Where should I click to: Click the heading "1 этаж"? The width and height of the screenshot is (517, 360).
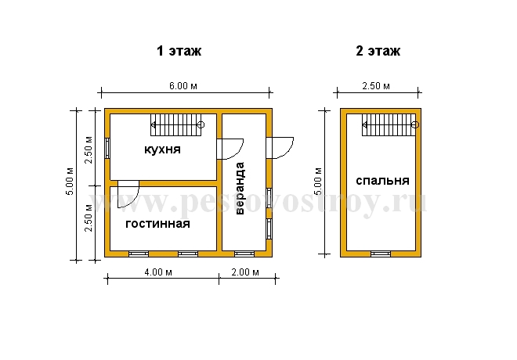point(179,51)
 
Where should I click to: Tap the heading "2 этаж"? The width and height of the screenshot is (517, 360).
point(378,51)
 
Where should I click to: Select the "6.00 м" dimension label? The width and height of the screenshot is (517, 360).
point(183,86)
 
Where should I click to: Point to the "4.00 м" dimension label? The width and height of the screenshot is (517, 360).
point(158,272)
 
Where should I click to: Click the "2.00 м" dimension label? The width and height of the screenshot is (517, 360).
point(245,272)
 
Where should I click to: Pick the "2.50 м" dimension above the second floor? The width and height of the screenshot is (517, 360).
point(376,86)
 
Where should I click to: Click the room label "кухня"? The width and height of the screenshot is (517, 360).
point(163,149)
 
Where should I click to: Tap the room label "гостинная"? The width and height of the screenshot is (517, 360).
point(158,224)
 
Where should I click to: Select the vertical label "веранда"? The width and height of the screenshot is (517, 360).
point(240,188)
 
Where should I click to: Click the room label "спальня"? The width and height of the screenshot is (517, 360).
point(383,181)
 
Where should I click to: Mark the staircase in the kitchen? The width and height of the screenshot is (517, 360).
point(177,125)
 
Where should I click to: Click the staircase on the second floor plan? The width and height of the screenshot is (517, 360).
point(390,125)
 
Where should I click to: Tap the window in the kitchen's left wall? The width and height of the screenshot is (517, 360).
point(107,148)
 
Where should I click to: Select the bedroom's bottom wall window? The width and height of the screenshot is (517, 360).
point(381,254)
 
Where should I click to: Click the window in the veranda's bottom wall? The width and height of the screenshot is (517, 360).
point(244,254)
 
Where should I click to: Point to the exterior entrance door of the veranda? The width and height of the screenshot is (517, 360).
point(280,148)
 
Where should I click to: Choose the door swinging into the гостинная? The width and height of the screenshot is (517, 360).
point(128,194)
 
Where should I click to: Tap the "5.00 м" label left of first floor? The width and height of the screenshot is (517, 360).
point(70,182)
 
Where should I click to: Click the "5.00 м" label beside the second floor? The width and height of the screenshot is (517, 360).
point(318,182)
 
